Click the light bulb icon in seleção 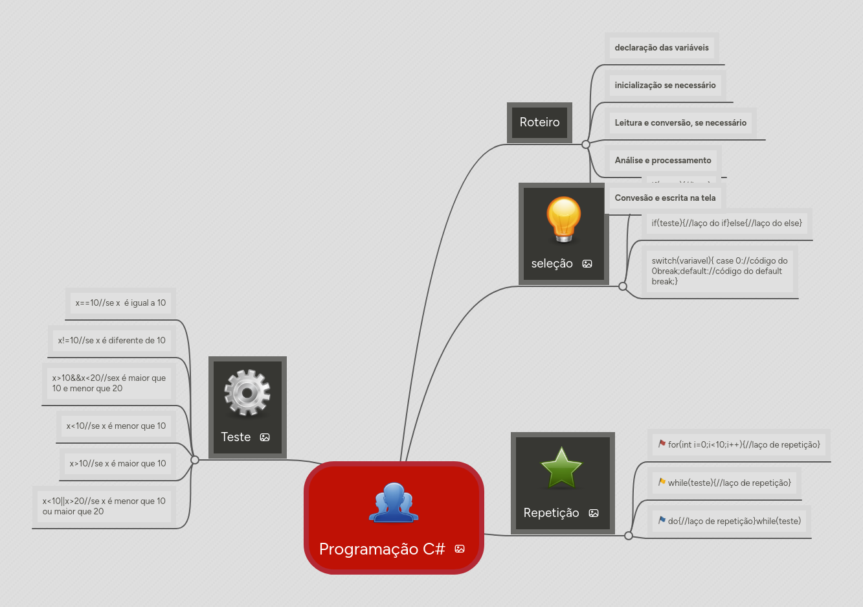pos(563,219)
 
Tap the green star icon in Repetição pos(561,468)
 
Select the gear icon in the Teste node pos(247,393)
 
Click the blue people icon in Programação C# pos(394,503)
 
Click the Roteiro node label pos(539,122)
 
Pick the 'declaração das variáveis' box pos(662,47)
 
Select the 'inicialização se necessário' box pos(665,85)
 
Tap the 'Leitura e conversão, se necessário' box pos(680,122)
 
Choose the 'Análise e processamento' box pos(663,160)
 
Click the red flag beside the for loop pos(662,444)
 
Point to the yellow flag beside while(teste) pos(662,482)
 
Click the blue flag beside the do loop pos(662,520)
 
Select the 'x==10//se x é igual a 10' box pos(120,303)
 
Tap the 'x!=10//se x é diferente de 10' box pos(111,340)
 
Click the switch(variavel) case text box pos(719,271)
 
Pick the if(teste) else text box pos(726,223)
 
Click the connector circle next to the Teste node pos(194,460)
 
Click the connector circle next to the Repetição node pos(628,536)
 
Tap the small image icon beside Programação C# pos(460,549)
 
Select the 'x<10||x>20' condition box pos(104,506)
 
